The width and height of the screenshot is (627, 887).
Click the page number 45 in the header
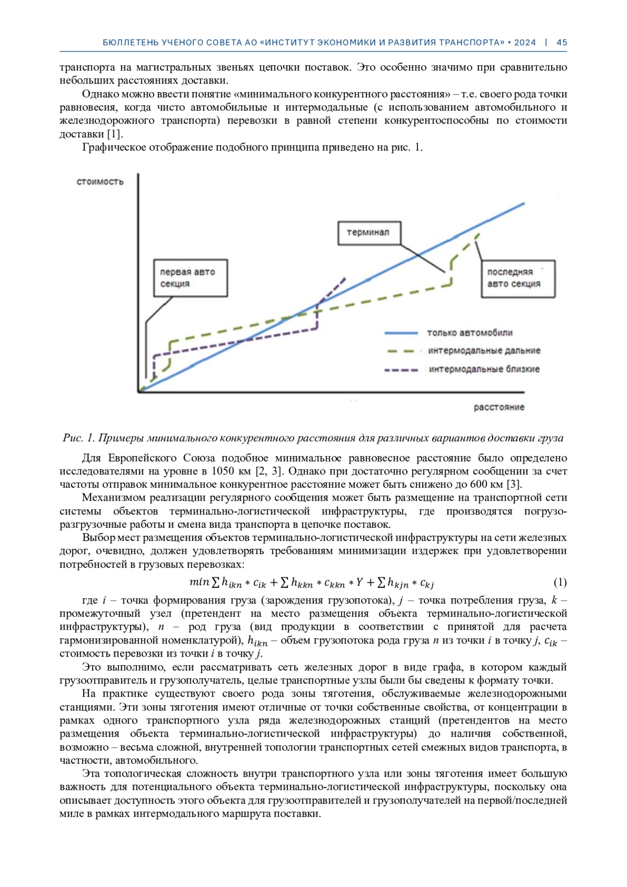(x=562, y=43)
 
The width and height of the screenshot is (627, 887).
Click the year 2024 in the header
(x=525, y=43)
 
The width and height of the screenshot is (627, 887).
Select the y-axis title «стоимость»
(x=100, y=182)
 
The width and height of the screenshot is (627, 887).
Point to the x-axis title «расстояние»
(x=499, y=407)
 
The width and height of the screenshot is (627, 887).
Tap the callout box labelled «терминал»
(x=368, y=233)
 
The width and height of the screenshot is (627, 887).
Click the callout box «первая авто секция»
(x=191, y=278)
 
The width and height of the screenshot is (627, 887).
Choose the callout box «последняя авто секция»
(x=518, y=279)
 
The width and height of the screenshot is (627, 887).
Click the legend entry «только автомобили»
(x=470, y=333)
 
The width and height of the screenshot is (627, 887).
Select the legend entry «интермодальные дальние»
(x=484, y=351)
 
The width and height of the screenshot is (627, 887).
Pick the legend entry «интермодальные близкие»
(x=484, y=370)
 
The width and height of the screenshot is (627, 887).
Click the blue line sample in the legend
(x=401, y=333)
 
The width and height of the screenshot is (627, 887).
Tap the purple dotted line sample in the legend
(x=401, y=370)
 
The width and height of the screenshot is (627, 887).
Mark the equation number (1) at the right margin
(x=560, y=582)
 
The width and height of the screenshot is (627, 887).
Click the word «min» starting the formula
(x=199, y=582)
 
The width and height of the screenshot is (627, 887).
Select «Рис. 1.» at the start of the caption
(x=79, y=438)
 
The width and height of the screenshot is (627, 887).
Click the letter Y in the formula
(x=359, y=582)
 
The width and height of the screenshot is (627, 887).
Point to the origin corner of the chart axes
(x=138, y=391)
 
